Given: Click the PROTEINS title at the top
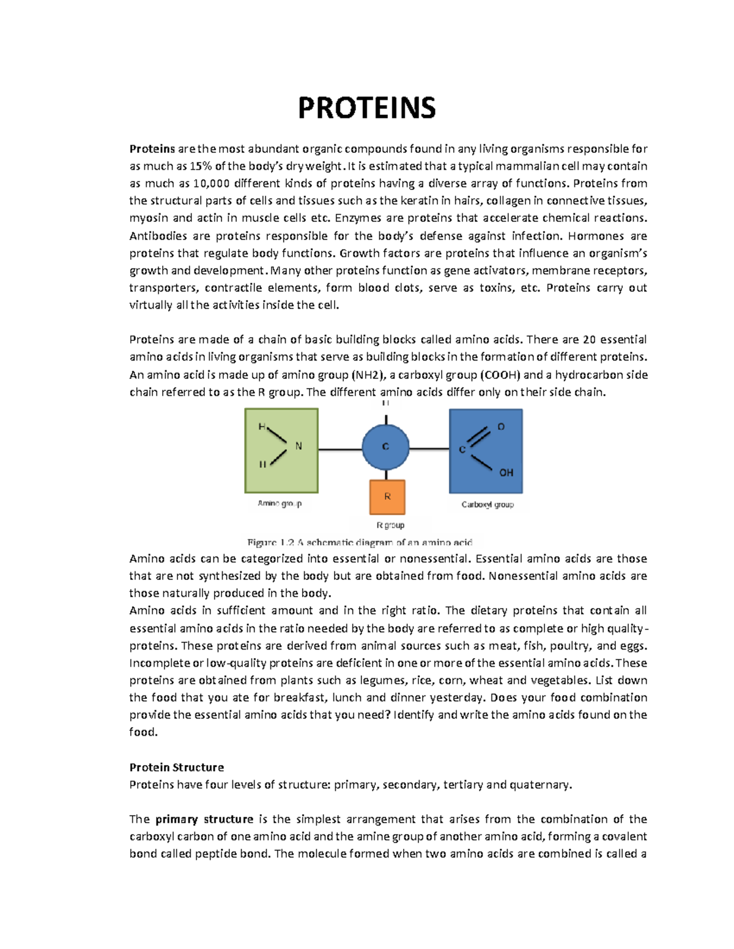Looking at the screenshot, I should pyautogui.click(x=366, y=108).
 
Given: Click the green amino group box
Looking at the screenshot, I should pyautogui.click(x=281, y=450).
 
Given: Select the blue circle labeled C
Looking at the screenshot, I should pyautogui.click(x=385, y=447).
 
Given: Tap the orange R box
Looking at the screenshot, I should pyautogui.click(x=387, y=497).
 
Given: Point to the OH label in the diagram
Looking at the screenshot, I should pyautogui.click(x=506, y=472).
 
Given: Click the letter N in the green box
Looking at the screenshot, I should pyautogui.click(x=298, y=446).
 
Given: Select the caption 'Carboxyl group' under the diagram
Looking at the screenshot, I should pyautogui.click(x=487, y=505).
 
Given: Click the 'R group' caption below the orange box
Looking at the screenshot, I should pyautogui.click(x=390, y=525).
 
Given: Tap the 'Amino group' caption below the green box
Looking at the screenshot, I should pyautogui.click(x=280, y=504).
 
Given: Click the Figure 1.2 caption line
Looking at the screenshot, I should pyautogui.click(x=360, y=542).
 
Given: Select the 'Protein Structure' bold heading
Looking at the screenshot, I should pyautogui.click(x=176, y=768).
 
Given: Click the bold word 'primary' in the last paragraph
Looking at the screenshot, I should pyautogui.click(x=177, y=819).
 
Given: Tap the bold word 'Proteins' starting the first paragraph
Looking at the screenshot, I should pyautogui.click(x=152, y=148).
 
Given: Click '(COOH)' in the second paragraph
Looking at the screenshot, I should pyautogui.click(x=500, y=375).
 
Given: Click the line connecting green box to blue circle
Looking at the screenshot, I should pyautogui.click(x=340, y=450).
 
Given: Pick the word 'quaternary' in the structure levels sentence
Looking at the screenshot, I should pyautogui.click(x=540, y=785).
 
